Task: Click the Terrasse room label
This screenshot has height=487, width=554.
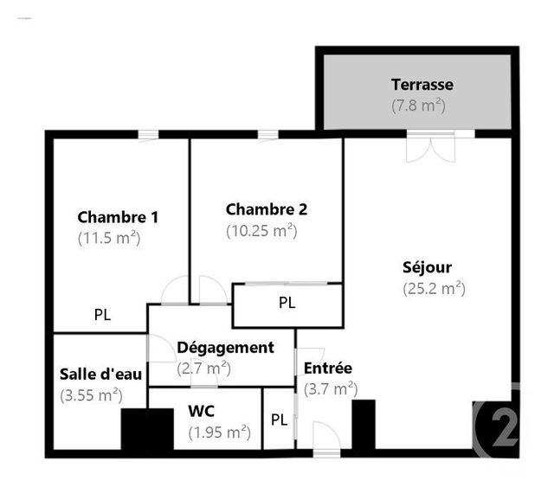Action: click(422, 85)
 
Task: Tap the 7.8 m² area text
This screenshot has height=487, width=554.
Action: click(418, 106)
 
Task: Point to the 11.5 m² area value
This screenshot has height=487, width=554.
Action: click(109, 237)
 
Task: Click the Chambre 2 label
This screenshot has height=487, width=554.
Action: click(267, 209)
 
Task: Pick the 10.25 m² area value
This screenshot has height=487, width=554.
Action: click(261, 231)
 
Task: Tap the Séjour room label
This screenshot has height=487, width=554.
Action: click(427, 267)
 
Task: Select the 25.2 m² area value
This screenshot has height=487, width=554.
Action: click(434, 289)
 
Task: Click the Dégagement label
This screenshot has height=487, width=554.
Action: click(225, 348)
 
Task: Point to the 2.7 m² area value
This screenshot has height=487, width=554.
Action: click(203, 368)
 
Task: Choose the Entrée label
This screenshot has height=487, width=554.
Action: click(327, 368)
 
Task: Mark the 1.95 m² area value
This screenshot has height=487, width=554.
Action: click(219, 431)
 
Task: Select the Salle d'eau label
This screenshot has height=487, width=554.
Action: click(100, 375)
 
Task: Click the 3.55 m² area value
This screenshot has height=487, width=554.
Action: click(91, 395)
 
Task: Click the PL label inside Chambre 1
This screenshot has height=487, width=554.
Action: click(102, 315)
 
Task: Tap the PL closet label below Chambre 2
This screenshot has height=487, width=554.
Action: click(287, 304)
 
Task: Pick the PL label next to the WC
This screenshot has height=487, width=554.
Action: click(279, 420)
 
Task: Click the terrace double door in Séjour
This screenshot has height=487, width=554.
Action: click(428, 146)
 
